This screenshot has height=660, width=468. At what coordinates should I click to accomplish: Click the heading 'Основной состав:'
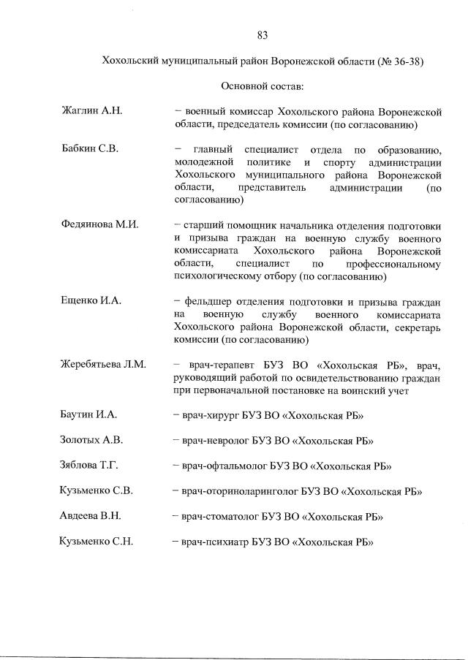[263, 86]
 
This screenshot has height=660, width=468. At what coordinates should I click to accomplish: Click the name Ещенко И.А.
[90, 300]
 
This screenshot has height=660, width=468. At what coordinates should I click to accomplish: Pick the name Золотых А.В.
[91, 440]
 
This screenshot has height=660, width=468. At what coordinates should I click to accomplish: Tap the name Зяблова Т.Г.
[88, 466]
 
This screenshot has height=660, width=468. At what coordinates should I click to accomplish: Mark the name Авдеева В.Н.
[90, 516]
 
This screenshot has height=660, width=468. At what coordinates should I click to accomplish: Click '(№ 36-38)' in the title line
[399, 61]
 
